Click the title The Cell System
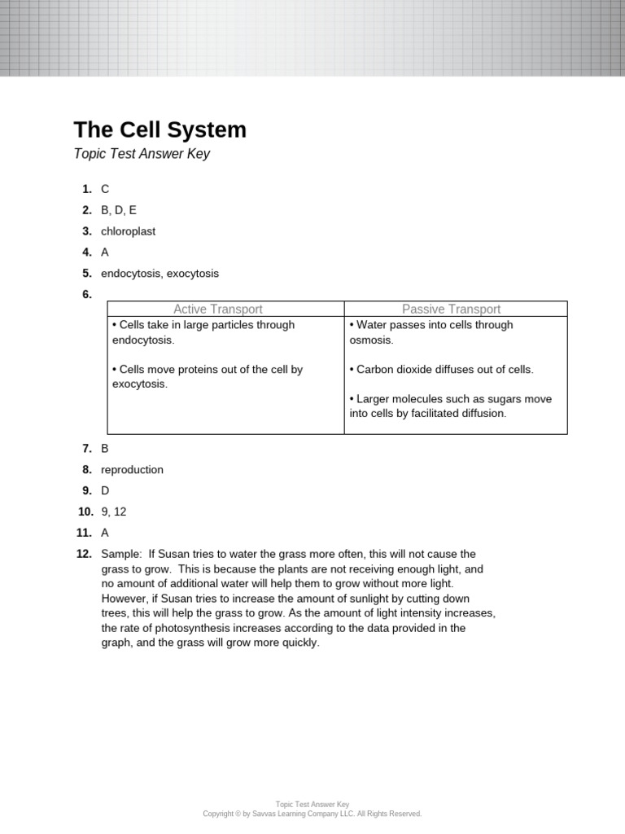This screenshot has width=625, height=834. [160, 130]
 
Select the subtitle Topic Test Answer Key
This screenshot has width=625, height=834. [142, 154]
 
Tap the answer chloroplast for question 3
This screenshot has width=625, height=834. [128, 231]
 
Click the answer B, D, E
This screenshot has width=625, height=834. [119, 210]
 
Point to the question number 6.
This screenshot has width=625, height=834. [86, 295]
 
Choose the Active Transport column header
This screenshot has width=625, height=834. [217, 309]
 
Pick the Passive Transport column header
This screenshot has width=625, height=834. [451, 309]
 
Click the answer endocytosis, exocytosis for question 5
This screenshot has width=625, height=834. [160, 274]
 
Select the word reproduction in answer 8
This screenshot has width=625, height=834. [132, 470]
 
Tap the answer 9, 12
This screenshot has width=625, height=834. [114, 512]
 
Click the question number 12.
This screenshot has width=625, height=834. [85, 555]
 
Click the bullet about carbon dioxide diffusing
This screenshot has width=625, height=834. [441, 370]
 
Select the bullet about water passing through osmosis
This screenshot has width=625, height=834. [431, 332]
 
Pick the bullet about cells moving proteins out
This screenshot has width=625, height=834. [207, 376]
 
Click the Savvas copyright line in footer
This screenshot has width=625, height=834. [312, 814]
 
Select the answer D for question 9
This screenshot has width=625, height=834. [105, 491]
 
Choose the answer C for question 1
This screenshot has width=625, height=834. [105, 189]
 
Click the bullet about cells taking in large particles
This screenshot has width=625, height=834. [203, 332]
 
